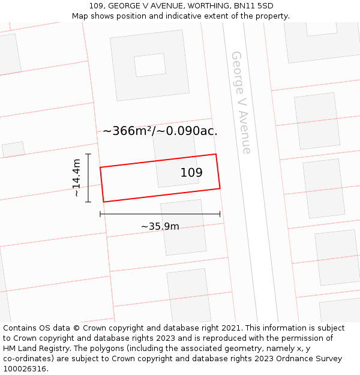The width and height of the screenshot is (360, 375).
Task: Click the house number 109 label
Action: click(x=191, y=173)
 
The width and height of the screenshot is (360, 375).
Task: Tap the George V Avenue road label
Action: click(x=241, y=102)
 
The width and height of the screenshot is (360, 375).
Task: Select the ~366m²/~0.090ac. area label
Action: click(x=160, y=131)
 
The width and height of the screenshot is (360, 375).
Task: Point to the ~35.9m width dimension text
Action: click(x=160, y=226)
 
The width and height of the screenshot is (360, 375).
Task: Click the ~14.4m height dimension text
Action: click(x=76, y=178)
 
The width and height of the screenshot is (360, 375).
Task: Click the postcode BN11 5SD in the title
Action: click(x=253, y=6)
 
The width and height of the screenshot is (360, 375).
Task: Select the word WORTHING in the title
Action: click(x=203, y=6)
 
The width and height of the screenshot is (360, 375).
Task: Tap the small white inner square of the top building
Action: click(x=150, y=65)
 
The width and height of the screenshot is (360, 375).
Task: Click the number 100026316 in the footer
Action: click(x=26, y=368)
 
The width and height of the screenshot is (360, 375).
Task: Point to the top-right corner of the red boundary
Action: click(x=215, y=154)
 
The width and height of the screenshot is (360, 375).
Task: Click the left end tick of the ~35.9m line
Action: click(x=100, y=214)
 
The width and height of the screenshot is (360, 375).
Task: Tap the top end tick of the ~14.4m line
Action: click(x=88, y=154)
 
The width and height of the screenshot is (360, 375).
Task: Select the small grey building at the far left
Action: click(x=13, y=149)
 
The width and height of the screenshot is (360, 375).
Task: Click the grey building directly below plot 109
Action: click(x=183, y=227)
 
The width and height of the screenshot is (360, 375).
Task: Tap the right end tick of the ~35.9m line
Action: click(x=220, y=214)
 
